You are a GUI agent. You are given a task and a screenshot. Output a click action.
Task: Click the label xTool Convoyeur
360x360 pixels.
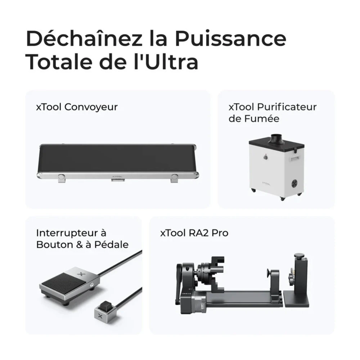click(77, 107)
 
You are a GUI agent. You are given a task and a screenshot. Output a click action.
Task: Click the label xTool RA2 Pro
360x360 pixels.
click(194, 233)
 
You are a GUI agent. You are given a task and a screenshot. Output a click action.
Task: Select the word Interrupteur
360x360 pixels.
click(71, 233)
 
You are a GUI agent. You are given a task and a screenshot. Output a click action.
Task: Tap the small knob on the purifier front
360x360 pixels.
click(265, 157)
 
